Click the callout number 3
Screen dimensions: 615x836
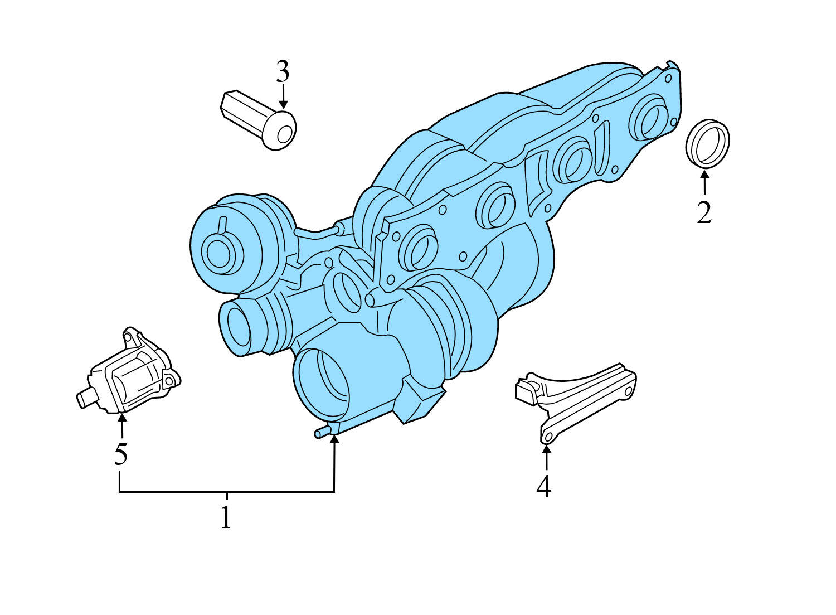(x=283, y=72)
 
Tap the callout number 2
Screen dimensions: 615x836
(x=704, y=212)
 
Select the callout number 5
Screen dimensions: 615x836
(x=121, y=454)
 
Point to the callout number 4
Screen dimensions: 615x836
(x=544, y=487)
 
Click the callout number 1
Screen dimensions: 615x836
(x=226, y=518)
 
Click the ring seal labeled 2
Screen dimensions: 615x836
(x=707, y=143)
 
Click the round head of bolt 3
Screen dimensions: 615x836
(x=280, y=132)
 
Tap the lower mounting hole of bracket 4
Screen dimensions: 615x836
(x=548, y=436)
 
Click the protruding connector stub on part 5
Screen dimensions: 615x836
(x=85, y=399)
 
